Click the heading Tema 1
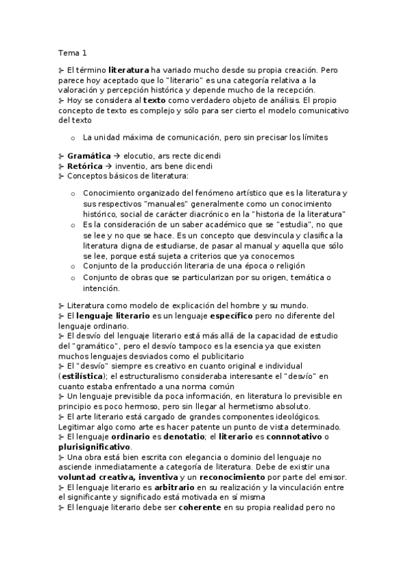73,52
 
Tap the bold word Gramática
89,156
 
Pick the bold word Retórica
84,166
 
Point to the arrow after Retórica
108,166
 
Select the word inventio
131,166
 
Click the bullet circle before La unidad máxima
73,138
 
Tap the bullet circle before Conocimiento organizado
73,194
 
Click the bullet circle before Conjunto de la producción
73,266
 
